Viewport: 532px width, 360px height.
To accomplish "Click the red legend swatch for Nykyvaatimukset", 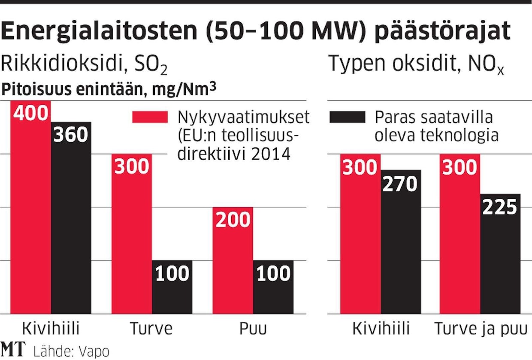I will pos(150,117).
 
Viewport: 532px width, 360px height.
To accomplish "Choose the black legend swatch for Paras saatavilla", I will pos(347,117).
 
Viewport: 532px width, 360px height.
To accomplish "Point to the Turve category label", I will pos(151,329).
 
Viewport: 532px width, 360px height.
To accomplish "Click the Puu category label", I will pos(253,329).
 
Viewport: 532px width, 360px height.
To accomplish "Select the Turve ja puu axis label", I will pos(480,329).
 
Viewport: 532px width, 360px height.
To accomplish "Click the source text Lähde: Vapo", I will pos(70,351).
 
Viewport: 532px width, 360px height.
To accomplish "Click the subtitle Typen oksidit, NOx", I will pos(417,64).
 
